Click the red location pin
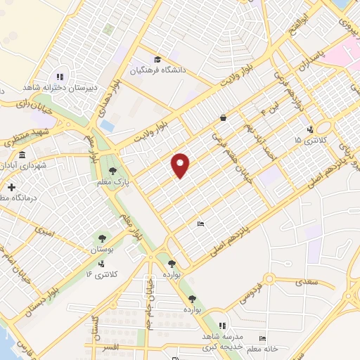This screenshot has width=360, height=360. [x=181, y=165]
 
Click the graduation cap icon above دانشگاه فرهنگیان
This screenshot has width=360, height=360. [x=157, y=59]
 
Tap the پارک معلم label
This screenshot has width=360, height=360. [x=112, y=183]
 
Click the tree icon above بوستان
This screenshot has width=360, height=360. [x=103, y=238]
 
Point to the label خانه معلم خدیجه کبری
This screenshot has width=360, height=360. [x=263, y=347]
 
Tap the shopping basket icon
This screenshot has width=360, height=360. [x=224, y=118]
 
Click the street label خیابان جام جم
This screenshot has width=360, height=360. [x=150, y=305]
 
